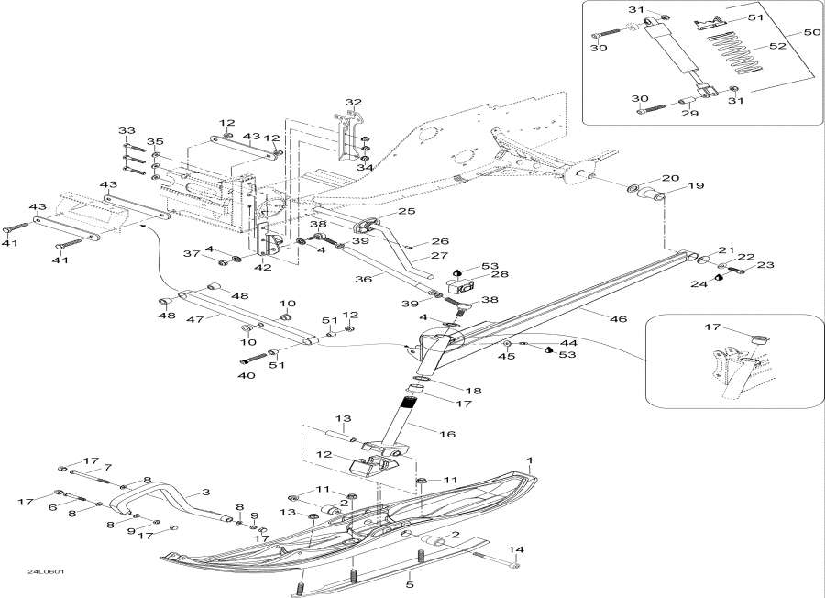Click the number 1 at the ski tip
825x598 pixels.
528,458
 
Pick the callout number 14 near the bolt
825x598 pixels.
516,550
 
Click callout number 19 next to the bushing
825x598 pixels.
696,186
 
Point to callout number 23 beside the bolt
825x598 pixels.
764,266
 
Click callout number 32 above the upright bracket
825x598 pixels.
354,102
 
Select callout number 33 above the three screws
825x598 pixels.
126,132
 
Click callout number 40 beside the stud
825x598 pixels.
246,375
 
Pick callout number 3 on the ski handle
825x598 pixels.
205,493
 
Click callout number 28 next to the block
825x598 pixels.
475,275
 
